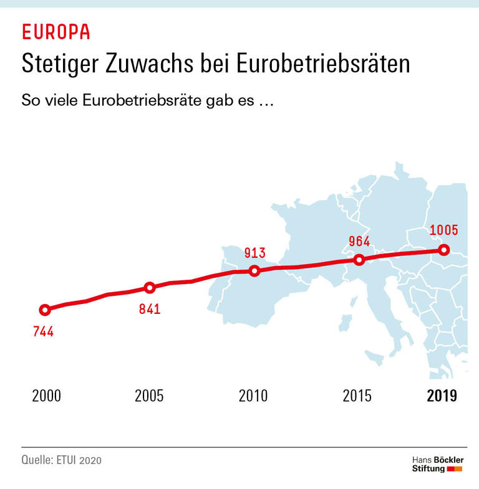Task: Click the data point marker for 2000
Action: pos(44,310)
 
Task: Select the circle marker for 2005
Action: pos(150,287)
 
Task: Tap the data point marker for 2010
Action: pos(254,270)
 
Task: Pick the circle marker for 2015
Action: pos(359,260)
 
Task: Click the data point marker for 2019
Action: pos(443,250)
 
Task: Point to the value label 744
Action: pos(43,331)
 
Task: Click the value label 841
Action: pos(150,308)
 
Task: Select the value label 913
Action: pos(254,253)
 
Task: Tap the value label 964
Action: pos(359,242)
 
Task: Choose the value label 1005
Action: pos(444,230)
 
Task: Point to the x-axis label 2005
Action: pos(150,396)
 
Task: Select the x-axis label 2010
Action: pos(253,396)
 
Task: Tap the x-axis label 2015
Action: pos(357,396)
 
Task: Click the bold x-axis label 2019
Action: pos(442,396)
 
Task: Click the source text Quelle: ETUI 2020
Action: pos(61,460)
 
